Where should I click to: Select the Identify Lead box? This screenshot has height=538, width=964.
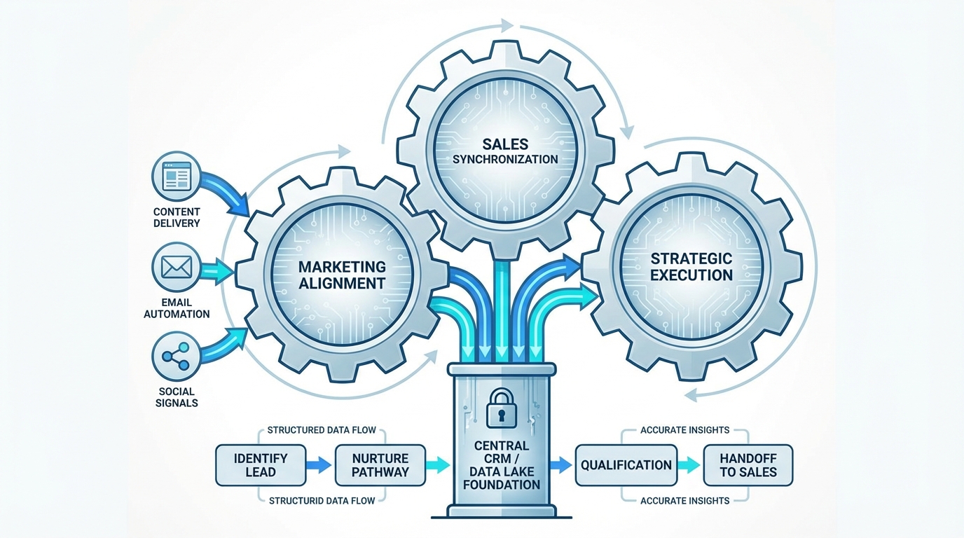click(x=261, y=464)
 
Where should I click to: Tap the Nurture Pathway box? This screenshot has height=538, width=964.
click(x=380, y=464)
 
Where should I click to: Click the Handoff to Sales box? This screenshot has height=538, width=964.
click(x=748, y=464)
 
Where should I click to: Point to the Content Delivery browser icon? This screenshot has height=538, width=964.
click(x=177, y=175)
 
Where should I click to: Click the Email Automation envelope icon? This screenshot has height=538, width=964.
click(x=177, y=267)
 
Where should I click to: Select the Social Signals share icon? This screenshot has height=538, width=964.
click(x=176, y=357)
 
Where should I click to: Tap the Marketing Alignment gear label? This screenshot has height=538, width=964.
click(x=342, y=275)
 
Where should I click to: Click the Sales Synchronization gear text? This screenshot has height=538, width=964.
click(x=504, y=151)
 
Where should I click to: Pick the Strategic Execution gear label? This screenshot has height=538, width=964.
click(x=691, y=267)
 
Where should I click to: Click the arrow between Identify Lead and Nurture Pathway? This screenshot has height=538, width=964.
click(x=319, y=464)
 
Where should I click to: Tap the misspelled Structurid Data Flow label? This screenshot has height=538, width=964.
click(x=322, y=500)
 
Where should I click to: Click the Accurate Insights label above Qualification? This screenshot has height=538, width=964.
click(x=684, y=429)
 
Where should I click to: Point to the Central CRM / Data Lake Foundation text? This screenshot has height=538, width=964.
click(x=502, y=465)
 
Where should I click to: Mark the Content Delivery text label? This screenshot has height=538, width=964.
click(x=177, y=217)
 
